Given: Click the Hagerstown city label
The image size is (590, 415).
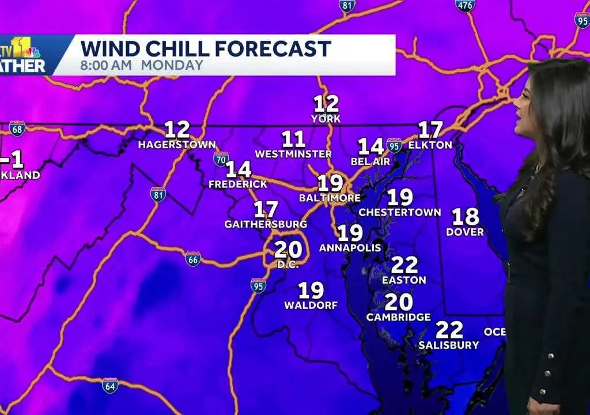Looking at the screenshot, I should coord(176,145).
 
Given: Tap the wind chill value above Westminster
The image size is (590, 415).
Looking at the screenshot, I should coord(293,139).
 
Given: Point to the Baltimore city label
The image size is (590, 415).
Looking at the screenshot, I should coord(330,198).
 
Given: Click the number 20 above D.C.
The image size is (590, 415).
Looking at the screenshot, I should coord(288,249).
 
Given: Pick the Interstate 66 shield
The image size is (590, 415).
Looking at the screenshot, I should coord(193,259).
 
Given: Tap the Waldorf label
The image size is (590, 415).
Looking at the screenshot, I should coord(311,305).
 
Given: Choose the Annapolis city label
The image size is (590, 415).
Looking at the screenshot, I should coord(350,248).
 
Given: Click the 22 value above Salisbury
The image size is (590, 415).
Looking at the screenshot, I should coord(449,330).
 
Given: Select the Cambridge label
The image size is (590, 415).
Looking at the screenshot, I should coord(398,317).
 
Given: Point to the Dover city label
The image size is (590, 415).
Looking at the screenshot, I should coord(465,232).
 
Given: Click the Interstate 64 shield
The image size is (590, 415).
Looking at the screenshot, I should coord(109,385).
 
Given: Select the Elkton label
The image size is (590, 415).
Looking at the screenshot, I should coord(430,145).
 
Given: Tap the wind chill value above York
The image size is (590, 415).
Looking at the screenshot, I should coord(326,104).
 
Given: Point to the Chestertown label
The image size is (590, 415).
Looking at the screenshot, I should coord(399,212).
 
